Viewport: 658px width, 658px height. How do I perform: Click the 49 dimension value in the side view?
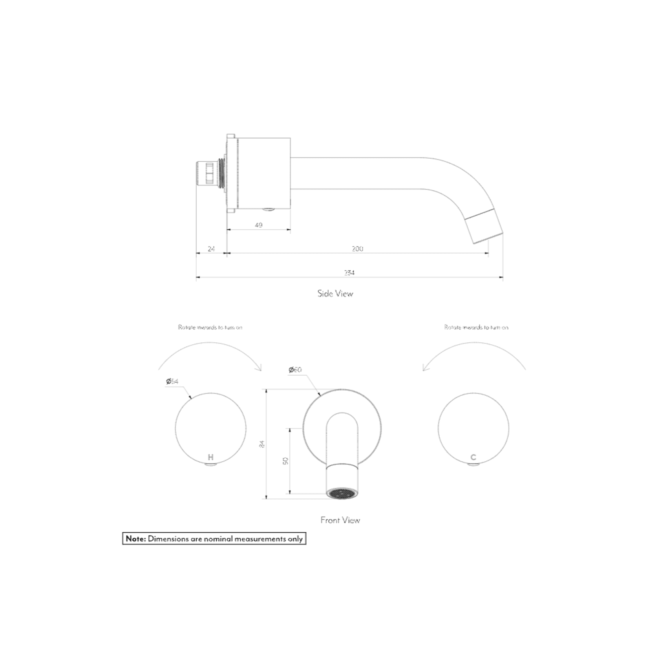click(x=258, y=225)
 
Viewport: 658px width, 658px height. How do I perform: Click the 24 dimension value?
click(x=211, y=249)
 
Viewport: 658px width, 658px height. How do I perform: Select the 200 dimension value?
click(x=357, y=249)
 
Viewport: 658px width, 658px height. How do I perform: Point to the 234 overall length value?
click(x=349, y=272)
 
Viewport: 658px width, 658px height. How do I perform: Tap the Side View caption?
click(x=335, y=293)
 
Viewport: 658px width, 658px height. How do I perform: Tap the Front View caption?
click(x=340, y=520)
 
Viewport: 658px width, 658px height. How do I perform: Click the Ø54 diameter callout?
click(x=172, y=381)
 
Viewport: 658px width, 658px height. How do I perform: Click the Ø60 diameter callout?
click(x=295, y=369)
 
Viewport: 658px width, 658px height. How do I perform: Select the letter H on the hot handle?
click(x=210, y=457)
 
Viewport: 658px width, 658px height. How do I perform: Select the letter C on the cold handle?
click(x=473, y=457)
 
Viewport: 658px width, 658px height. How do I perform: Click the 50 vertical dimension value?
click(x=285, y=461)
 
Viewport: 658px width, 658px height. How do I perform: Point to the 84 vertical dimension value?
click(x=262, y=444)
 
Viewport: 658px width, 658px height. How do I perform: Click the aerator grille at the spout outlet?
click(x=342, y=494)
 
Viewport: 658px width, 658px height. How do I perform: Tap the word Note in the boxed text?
click(x=135, y=539)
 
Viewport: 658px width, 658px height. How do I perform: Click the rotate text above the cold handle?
click(x=476, y=327)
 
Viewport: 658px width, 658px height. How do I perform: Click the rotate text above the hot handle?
click(x=210, y=327)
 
